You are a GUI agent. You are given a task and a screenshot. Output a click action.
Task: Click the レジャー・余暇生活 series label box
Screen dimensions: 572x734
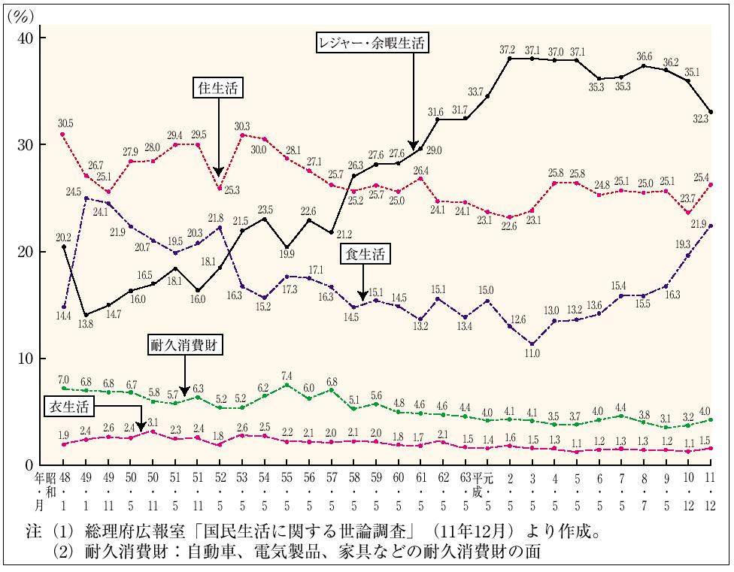(x=371, y=44)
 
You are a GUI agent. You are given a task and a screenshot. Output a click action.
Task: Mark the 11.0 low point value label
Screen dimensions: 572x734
(x=533, y=352)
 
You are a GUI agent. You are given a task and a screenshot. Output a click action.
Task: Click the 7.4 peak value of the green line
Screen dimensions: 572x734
(x=286, y=375)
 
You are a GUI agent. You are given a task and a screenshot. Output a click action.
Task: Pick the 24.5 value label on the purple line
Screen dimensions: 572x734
(x=72, y=191)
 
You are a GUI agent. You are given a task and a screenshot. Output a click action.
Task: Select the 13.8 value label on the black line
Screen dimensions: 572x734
(x=88, y=323)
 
